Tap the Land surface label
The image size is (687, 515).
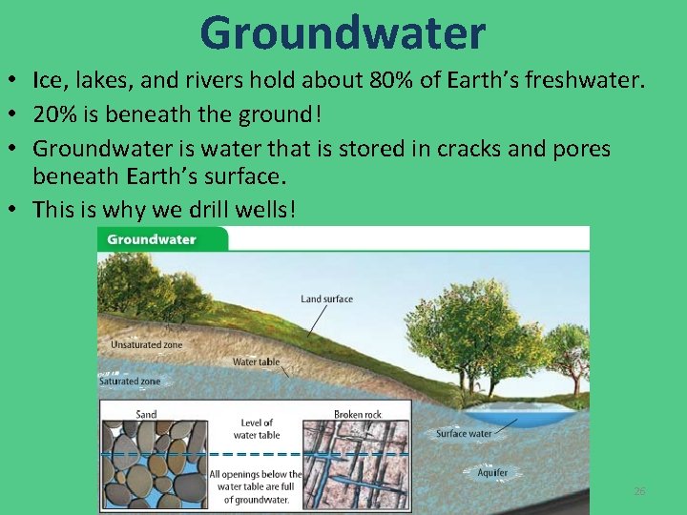click(x=326, y=299)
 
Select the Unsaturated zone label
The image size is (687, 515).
click(x=146, y=344)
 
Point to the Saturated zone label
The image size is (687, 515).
click(x=130, y=381)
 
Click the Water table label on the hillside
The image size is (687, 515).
click(x=256, y=362)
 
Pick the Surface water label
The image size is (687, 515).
click(x=464, y=434)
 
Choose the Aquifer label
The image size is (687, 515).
click(x=492, y=473)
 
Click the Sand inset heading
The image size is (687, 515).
click(x=146, y=415)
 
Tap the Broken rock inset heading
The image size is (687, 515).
click(x=359, y=415)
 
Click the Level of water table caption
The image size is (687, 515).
click(x=256, y=429)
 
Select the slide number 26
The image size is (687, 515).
click(x=639, y=491)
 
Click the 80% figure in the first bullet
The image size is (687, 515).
click(x=398, y=81)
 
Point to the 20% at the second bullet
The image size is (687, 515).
click(x=53, y=115)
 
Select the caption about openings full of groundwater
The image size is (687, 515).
click(x=256, y=486)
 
